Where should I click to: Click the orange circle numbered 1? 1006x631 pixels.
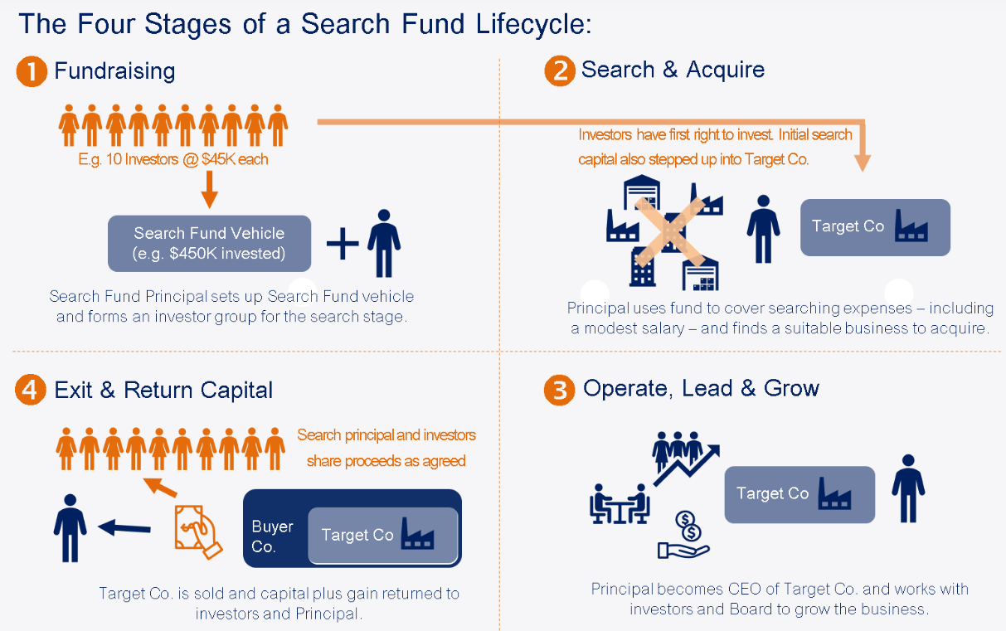(32, 71)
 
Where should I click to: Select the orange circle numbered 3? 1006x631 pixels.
(560, 390)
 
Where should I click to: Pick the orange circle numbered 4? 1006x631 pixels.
(32, 390)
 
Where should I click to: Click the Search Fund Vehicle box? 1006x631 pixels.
(209, 244)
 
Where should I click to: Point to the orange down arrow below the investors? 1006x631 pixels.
(210, 189)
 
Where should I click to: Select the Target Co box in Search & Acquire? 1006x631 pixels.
(874, 227)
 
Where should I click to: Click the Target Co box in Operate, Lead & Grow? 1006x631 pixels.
(799, 494)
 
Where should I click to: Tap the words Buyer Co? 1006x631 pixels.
(273, 536)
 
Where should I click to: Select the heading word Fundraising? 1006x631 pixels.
(114, 71)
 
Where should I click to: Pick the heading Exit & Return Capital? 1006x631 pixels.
(163, 390)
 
